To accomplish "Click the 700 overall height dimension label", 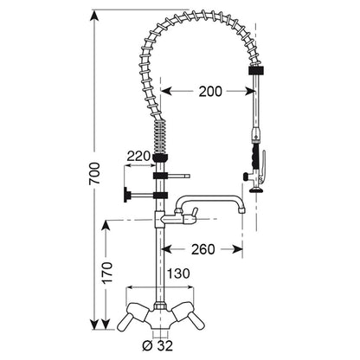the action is click(94, 173).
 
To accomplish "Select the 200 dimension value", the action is click(210, 92).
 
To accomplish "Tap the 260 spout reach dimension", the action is click(203, 249).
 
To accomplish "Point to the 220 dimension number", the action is click(138, 156).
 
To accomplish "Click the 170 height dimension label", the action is click(107, 273).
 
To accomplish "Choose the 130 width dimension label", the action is click(178, 273).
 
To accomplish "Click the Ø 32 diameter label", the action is click(157, 345).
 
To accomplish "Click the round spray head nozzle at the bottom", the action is click(256, 190).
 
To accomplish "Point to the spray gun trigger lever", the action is click(262, 166).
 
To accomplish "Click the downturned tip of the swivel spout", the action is click(242, 209).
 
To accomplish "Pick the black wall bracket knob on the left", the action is click(126, 195).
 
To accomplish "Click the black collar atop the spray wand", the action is click(256, 71).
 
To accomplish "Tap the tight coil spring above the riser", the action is click(160, 137).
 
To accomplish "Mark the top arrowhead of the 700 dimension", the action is click(94, 15).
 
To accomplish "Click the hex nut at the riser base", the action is click(160, 306).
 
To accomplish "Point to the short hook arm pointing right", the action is click(178, 176).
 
